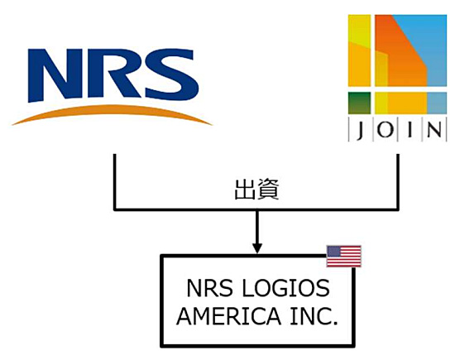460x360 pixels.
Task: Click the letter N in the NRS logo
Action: point(55,75)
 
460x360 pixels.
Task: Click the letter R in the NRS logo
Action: point(114,74)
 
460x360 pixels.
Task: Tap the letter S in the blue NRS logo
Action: point(170,74)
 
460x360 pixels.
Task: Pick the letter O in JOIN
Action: point(386,129)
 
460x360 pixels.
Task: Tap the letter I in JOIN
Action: point(410,129)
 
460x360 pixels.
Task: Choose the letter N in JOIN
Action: point(434,129)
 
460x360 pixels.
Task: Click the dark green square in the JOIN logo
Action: point(359,103)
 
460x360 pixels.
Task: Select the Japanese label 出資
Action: point(256,190)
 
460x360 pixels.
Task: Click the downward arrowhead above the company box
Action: point(257,247)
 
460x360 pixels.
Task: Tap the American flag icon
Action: point(344,257)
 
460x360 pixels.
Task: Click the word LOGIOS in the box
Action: point(285,288)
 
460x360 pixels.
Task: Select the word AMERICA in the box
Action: point(229,316)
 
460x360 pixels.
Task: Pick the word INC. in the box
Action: point(314,316)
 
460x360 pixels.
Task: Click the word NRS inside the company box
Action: point(209,288)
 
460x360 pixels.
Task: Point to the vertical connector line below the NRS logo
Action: point(115,182)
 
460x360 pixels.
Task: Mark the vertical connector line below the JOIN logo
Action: point(398,182)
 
